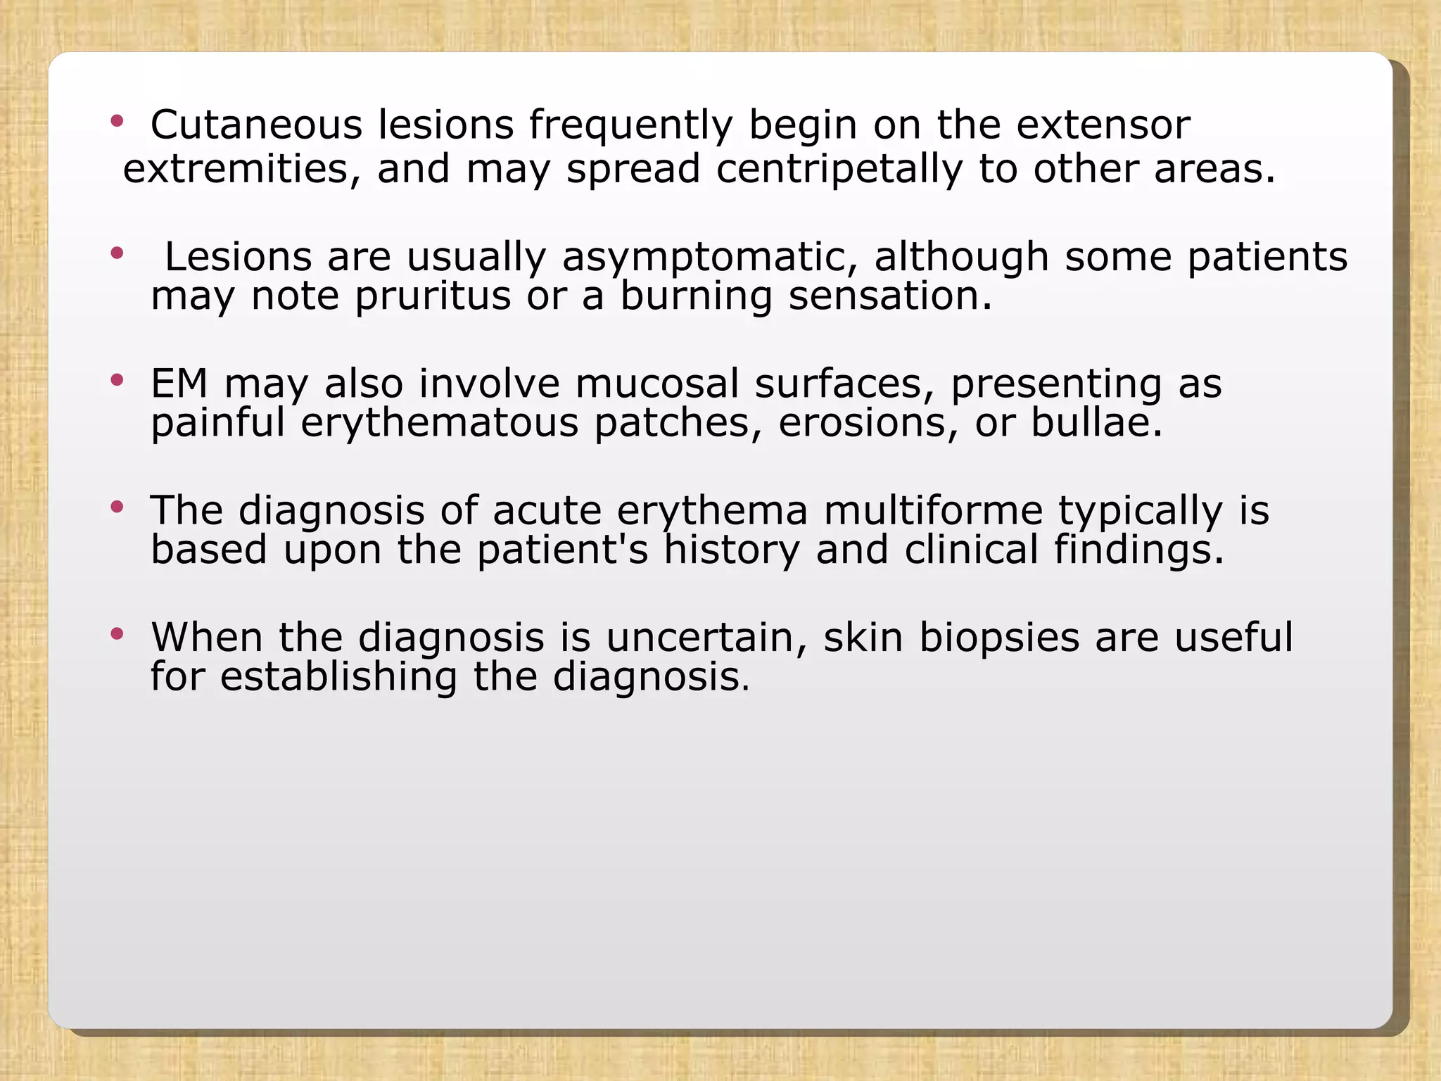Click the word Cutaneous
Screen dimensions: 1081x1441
[256, 125]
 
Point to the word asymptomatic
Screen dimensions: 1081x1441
[709, 256]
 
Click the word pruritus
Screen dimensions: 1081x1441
[433, 296]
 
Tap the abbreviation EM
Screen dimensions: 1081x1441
[179, 384]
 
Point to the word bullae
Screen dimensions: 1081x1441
[1096, 423]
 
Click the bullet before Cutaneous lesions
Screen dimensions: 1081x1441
[117, 122]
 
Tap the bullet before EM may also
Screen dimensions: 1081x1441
[117, 381]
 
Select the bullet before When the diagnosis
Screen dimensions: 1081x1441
[117, 634]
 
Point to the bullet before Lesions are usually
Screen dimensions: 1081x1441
[117, 253]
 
